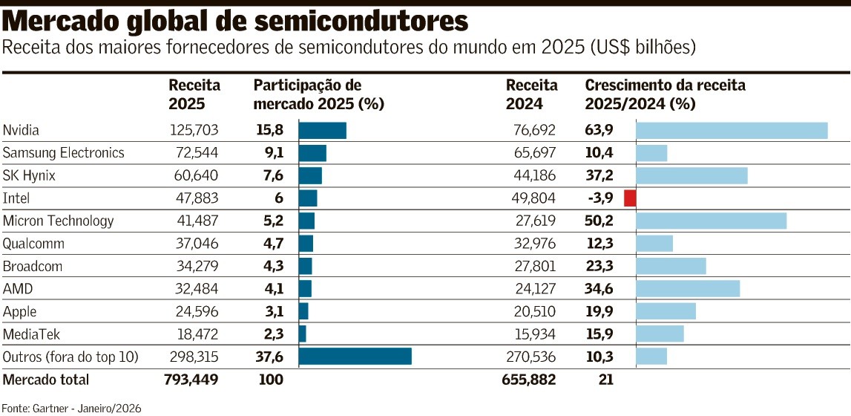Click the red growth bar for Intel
coord(630,198)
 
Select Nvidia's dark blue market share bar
coord(322,131)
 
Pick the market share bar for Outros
coord(355,357)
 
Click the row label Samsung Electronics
coord(64,153)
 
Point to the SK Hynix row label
coord(29,176)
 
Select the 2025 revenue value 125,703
coord(194,131)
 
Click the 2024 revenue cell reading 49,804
coord(534,198)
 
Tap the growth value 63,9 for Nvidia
coord(599,131)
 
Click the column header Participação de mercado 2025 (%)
coord(318,94)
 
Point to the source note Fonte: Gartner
coord(71,408)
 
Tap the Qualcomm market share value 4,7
coord(269,244)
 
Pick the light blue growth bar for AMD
coord(688,289)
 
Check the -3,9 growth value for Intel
coord(600,198)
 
